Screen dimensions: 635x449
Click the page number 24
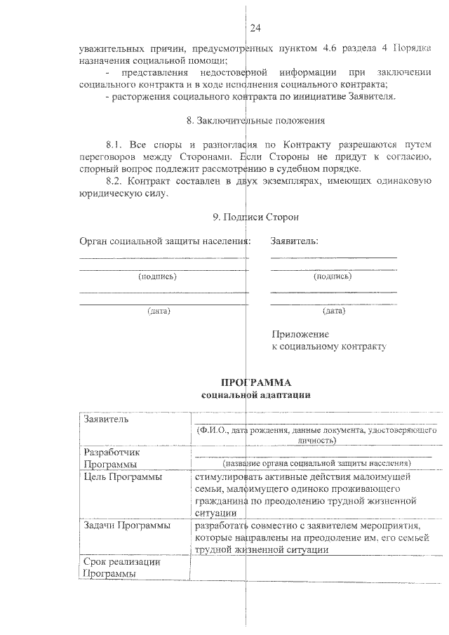pyautogui.click(x=255, y=28)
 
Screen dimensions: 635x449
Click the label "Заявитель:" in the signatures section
pyautogui.click(x=294, y=241)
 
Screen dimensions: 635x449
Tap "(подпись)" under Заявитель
pyautogui.click(x=333, y=276)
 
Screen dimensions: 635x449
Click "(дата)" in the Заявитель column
pyautogui.click(x=333, y=310)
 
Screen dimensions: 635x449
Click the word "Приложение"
pyautogui.click(x=300, y=334)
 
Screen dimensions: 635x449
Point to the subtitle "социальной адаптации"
pyautogui.click(x=255, y=395)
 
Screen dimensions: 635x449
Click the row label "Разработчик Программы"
pyautogui.click(x=112, y=458)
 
